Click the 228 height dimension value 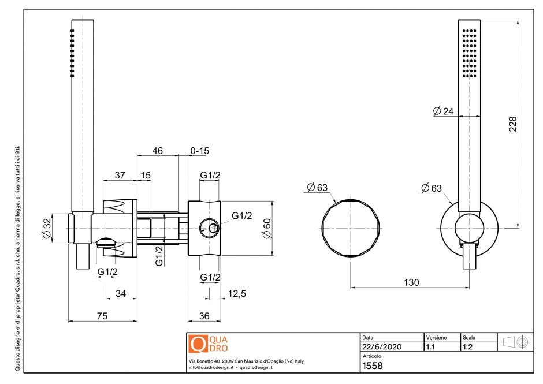point(512,124)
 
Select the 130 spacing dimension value point(411,282)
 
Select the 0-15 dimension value point(200,151)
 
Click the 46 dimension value point(157,151)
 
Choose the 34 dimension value point(120,294)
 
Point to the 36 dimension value point(204,316)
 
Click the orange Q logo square point(198,344)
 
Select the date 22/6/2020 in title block point(381,348)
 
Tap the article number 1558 point(372,366)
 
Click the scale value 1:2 point(468,348)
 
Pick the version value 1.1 point(430,348)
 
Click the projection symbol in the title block point(516,342)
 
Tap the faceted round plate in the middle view point(351,229)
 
